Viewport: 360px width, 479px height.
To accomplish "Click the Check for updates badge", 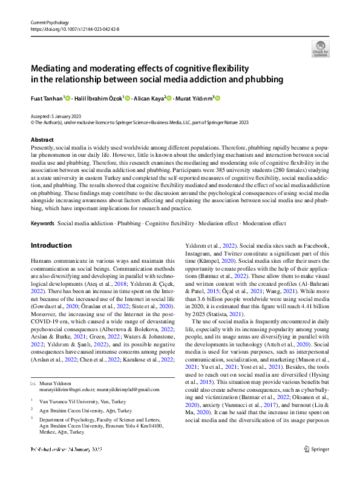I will tap(320, 48).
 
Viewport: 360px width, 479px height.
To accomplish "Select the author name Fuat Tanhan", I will tap(46, 97).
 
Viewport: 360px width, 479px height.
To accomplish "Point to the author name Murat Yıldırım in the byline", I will tap(195, 97).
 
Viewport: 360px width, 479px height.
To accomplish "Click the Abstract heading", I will tap(42, 140).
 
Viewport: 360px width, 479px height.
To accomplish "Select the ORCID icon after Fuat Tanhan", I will tap(68, 97).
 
